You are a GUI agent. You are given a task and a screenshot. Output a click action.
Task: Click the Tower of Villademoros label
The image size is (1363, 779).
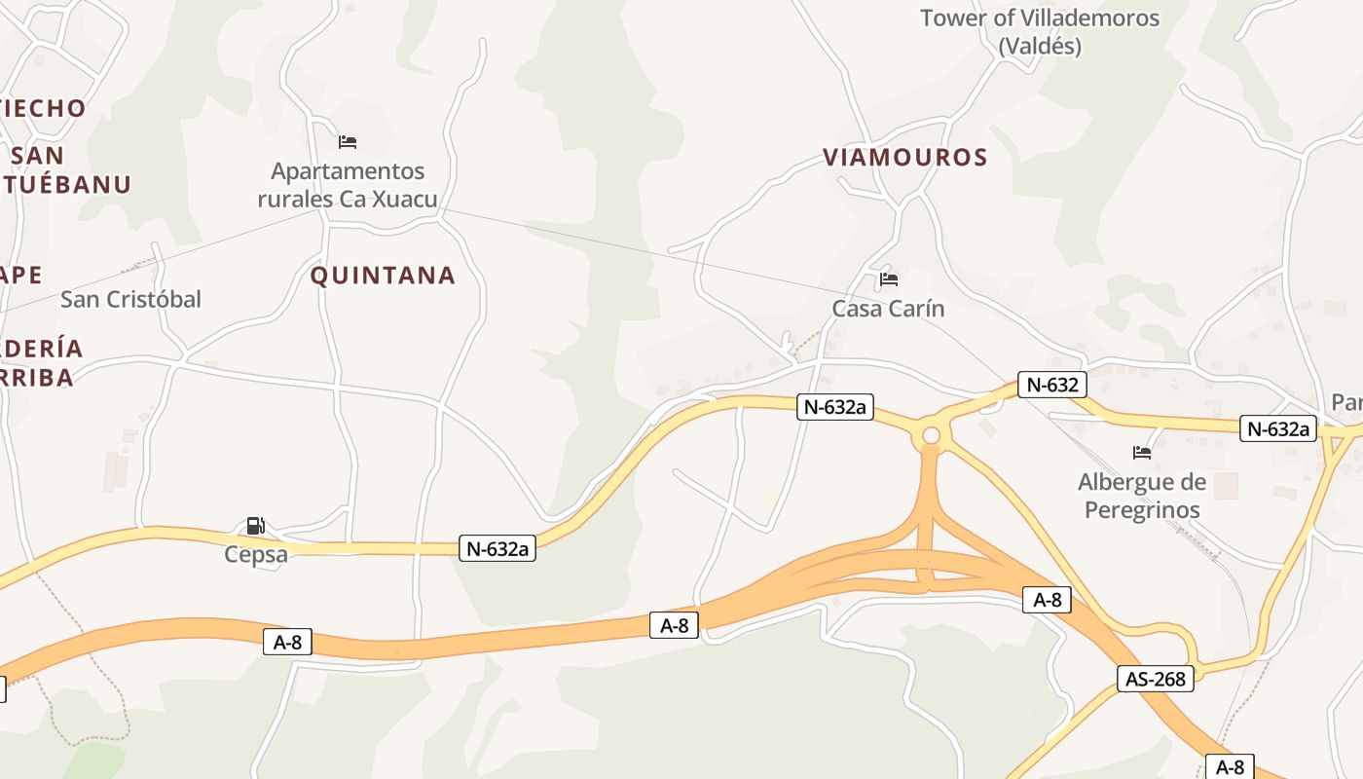(x=1040, y=31)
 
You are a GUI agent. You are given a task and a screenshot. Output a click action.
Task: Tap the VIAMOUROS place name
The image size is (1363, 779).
(x=905, y=157)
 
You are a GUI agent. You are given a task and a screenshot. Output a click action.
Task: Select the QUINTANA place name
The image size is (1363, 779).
(x=383, y=276)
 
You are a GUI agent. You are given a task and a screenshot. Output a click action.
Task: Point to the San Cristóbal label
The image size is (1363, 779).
(x=130, y=299)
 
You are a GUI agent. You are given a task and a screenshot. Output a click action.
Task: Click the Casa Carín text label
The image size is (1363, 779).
(x=888, y=309)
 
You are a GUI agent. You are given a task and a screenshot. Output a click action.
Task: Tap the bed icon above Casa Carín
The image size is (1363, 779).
(x=888, y=279)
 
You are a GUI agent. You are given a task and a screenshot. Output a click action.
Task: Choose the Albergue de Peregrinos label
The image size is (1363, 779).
(x=1142, y=496)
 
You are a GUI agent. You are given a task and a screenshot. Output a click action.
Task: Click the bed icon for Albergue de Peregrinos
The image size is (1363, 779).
(x=1142, y=453)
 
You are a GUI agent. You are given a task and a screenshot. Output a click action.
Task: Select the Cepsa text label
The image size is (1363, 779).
(x=256, y=554)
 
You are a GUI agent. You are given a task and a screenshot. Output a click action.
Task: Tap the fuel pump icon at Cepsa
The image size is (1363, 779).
(x=255, y=526)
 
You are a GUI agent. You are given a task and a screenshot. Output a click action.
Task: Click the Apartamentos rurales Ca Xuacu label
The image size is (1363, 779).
(x=348, y=185)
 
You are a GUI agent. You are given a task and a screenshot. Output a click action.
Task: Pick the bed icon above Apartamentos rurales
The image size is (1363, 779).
(x=348, y=142)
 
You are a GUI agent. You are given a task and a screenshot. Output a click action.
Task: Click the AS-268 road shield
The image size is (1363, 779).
(x=1156, y=679)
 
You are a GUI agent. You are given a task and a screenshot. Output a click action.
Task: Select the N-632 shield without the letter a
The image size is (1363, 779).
(x=1052, y=385)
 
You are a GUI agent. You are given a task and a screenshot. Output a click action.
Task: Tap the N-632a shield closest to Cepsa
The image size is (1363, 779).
(x=497, y=549)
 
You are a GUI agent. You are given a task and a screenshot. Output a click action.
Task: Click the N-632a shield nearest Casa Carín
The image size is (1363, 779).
(x=834, y=407)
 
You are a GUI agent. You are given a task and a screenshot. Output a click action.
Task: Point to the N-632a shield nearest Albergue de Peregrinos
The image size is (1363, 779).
(x=1277, y=428)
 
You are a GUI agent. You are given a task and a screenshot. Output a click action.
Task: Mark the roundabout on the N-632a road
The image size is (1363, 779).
(x=931, y=435)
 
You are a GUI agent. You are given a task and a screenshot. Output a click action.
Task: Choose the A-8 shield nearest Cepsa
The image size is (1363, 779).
(x=287, y=642)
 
